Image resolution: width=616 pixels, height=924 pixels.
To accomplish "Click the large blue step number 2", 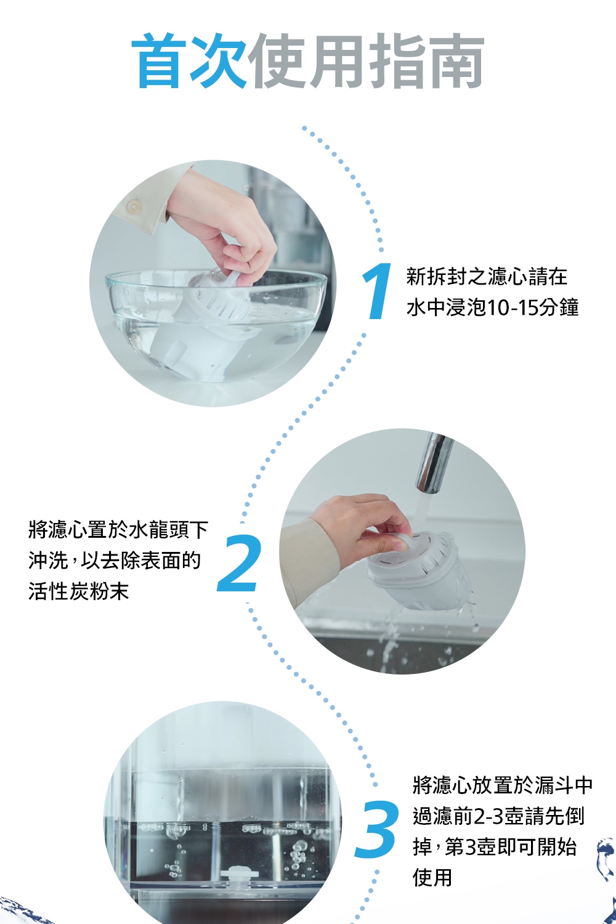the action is pos(239,563).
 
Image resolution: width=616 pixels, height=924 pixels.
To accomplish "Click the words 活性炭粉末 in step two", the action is pos(79,591).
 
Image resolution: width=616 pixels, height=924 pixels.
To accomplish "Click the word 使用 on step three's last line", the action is pos(432,877).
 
